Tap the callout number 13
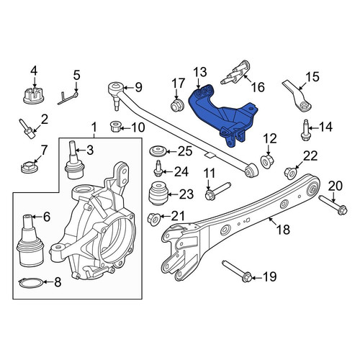click(x=200, y=72)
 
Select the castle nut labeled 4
click(x=34, y=95)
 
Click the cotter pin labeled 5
click(x=68, y=98)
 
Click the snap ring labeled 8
click(x=31, y=282)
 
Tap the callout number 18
click(x=283, y=230)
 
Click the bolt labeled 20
click(x=333, y=205)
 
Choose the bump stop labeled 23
click(x=158, y=194)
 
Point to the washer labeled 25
click(x=158, y=152)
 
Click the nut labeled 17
click(x=177, y=106)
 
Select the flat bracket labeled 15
click(x=297, y=96)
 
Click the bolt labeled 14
click(x=305, y=130)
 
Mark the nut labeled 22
click(x=290, y=173)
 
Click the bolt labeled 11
click(x=217, y=191)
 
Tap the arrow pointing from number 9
click(x=128, y=87)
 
